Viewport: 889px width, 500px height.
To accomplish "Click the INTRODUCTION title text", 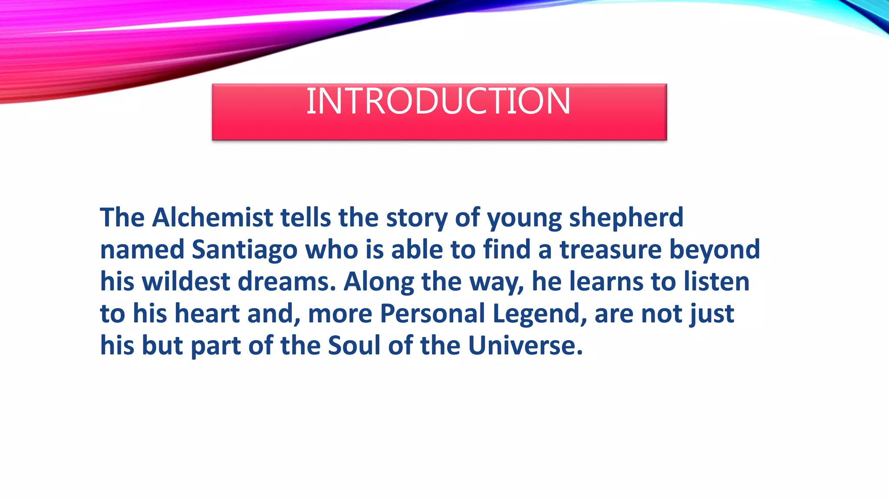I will [x=438, y=102].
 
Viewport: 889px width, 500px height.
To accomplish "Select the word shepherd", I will [x=626, y=218].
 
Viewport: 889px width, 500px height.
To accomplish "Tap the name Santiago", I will [x=244, y=250].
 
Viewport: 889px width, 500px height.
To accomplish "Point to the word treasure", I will [x=610, y=250].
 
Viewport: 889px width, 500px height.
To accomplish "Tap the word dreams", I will [x=286, y=282].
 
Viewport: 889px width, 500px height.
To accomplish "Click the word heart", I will [x=207, y=313].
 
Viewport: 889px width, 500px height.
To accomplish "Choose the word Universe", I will [x=524, y=345].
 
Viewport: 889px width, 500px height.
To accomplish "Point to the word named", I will [x=142, y=250].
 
